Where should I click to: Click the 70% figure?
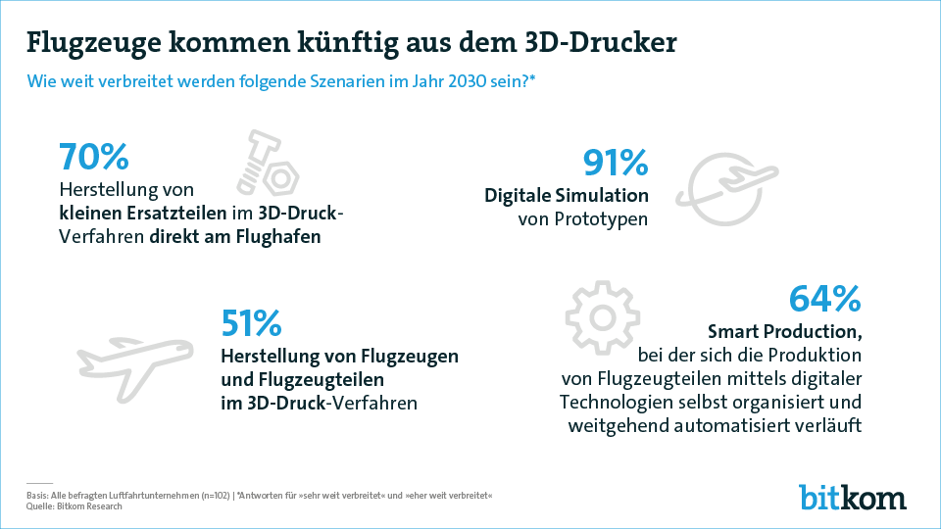(94, 158)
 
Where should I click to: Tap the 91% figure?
(615, 164)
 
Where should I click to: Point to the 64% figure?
(824, 300)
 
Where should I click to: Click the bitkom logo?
(851, 496)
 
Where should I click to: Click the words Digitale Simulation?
(567, 195)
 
